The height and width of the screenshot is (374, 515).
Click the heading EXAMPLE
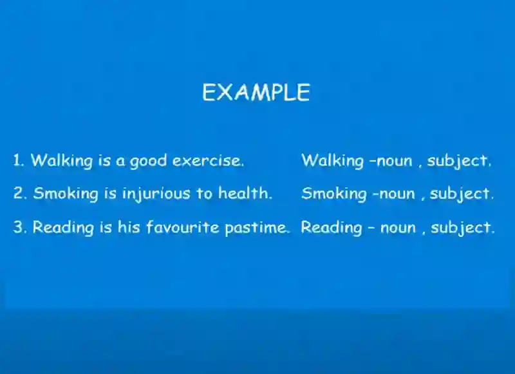[x=256, y=92]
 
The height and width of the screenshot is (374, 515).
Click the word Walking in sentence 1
[x=62, y=161]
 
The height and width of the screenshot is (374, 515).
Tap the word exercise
[x=208, y=160]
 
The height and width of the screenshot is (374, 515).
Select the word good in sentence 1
[x=148, y=162]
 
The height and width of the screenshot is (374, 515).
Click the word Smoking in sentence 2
[x=66, y=194]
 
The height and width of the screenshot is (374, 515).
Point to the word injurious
[x=156, y=194]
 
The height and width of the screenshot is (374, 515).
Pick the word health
[x=245, y=192]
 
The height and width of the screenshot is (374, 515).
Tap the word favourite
[x=183, y=227]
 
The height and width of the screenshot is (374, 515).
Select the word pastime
[x=257, y=228]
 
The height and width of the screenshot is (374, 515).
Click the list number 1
[x=19, y=160]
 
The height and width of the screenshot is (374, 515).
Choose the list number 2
[x=19, y=193]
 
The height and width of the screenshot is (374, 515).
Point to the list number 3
[x=19, y=227]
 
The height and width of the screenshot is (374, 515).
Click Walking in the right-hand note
[x=332, y=161]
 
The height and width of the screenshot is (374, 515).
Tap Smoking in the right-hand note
[x=334, y=194]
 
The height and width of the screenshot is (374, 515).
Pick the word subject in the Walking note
[x=459, y=161]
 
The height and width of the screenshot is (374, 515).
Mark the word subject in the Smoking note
[x=462, y=194]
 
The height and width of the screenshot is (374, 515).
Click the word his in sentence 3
[x=129, y=227]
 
